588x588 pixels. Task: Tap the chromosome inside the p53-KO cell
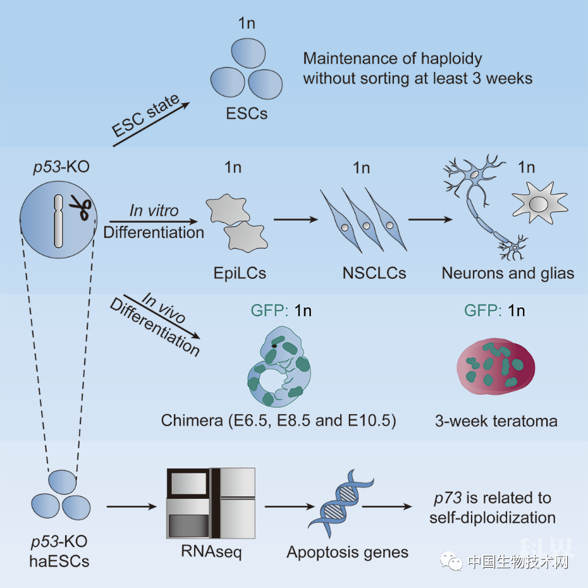click(x=58, y=221)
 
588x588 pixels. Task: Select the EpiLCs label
click(x=240, y=273)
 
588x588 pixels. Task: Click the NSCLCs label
click(x=374, y=273)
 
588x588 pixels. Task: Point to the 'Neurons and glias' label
click(x=508, y=273)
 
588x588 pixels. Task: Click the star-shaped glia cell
click(x=539, y=202)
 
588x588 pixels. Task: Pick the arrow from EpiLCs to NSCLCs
click(x=296, y=219)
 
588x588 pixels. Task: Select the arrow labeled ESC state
click(x=151, y=124)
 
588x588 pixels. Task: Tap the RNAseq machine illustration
click(x=211, y=503)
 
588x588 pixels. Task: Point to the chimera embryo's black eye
click(x=274, y=346)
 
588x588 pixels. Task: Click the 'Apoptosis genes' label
click(x=348, y=553)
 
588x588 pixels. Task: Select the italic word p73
click(x=448, y=498)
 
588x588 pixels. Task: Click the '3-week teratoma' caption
click(x=496, y=421)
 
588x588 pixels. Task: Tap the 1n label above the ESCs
click(x=247, y=23)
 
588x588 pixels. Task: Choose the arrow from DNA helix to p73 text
click(x=387, y=507)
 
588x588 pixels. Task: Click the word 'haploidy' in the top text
click(x=451, y=59)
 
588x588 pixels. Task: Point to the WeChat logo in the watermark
click(x=452, y=561)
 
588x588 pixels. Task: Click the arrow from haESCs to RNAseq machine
click(x=132, y=507)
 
